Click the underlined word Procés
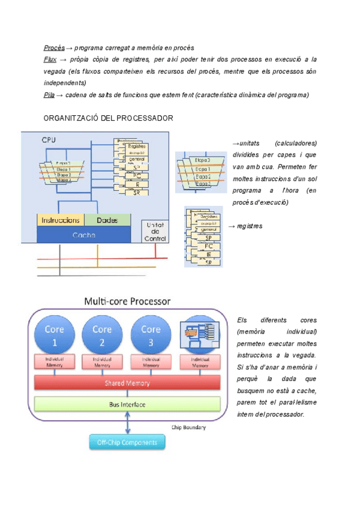(x=54, y=47)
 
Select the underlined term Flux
(x=50, y=59)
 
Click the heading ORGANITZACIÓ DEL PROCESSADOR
(x=109, y=119)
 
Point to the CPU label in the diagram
(x=49, y=140)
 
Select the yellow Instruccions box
(x=61, y=220)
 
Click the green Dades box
(x=107, y=220)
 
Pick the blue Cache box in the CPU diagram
(x=84, y=235)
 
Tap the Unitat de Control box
(x=155, y=231)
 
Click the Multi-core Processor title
(x=127, y=301)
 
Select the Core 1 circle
(x=55, y=335)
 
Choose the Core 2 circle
(x=103, y=335)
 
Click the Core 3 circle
(x=151, y=335)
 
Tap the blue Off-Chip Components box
(x=127, y=443)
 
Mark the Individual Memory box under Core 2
(x=103, y=361)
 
